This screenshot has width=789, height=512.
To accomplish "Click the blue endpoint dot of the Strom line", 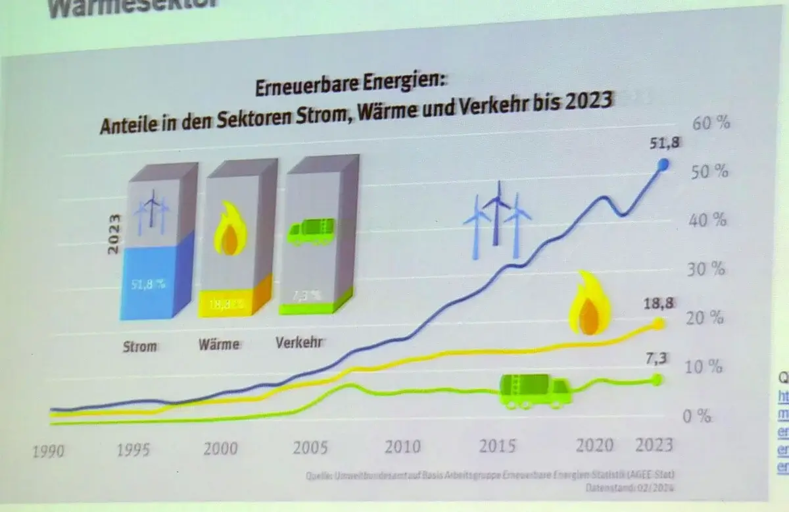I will (663, 165).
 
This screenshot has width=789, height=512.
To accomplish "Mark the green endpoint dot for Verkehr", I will (657, 379).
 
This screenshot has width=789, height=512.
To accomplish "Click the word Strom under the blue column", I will (140, 346).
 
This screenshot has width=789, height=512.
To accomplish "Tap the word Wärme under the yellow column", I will (219, 344).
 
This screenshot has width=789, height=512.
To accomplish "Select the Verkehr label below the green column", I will (300, 342).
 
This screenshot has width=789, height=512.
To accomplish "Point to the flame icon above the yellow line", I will (590, 304).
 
